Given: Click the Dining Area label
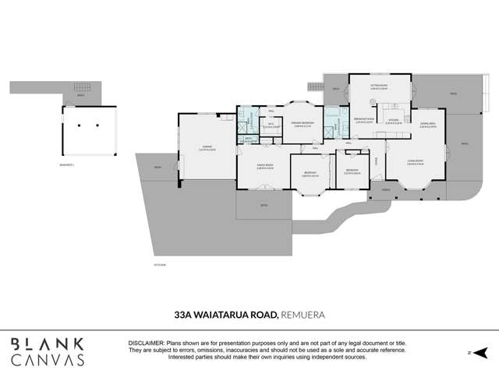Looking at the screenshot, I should coord(427,125).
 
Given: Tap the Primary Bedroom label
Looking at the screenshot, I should coord(302,124).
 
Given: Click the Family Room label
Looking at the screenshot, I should coord(264,165).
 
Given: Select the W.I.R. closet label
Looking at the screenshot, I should coord(270,124).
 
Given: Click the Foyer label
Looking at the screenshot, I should coord(376,161).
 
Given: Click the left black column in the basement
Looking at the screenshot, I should coord(80,125).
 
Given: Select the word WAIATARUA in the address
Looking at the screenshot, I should coord(235,314).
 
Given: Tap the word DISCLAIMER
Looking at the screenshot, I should coord(146,343).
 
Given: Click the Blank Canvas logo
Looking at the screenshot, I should coord(48,351).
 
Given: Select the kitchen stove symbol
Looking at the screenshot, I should coord(398,106).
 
